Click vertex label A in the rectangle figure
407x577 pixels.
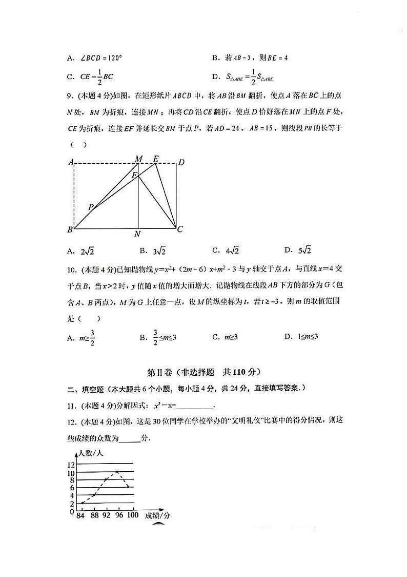click(71, 163)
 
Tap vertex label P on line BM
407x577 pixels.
click(91, 207)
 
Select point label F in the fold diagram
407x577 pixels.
click(134, 176)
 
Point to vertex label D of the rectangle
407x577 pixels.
click(180, 163)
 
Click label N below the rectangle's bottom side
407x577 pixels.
click(137, 234)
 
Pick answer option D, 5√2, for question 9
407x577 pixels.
click(298, 251)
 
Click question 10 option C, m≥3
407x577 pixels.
click(226, 337)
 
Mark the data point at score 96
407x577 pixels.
click(118, 471)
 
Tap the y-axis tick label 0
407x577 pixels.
click(72, 511)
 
